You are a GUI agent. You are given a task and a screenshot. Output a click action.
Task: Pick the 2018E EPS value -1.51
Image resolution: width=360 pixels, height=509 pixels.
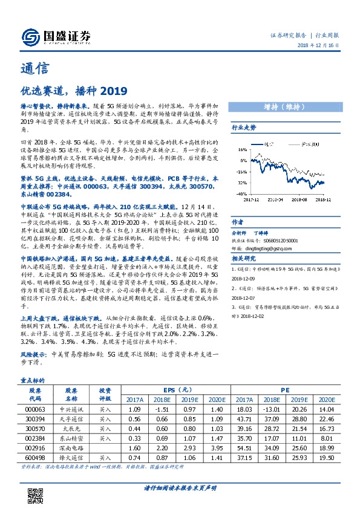pyautogui.click(x=162, y=409)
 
